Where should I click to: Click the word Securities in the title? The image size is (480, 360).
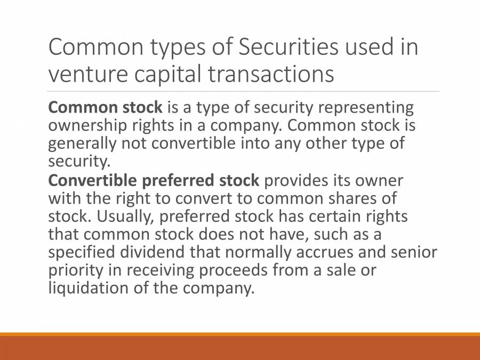coord(289,47)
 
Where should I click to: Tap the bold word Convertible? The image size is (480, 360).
coord(85,180)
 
